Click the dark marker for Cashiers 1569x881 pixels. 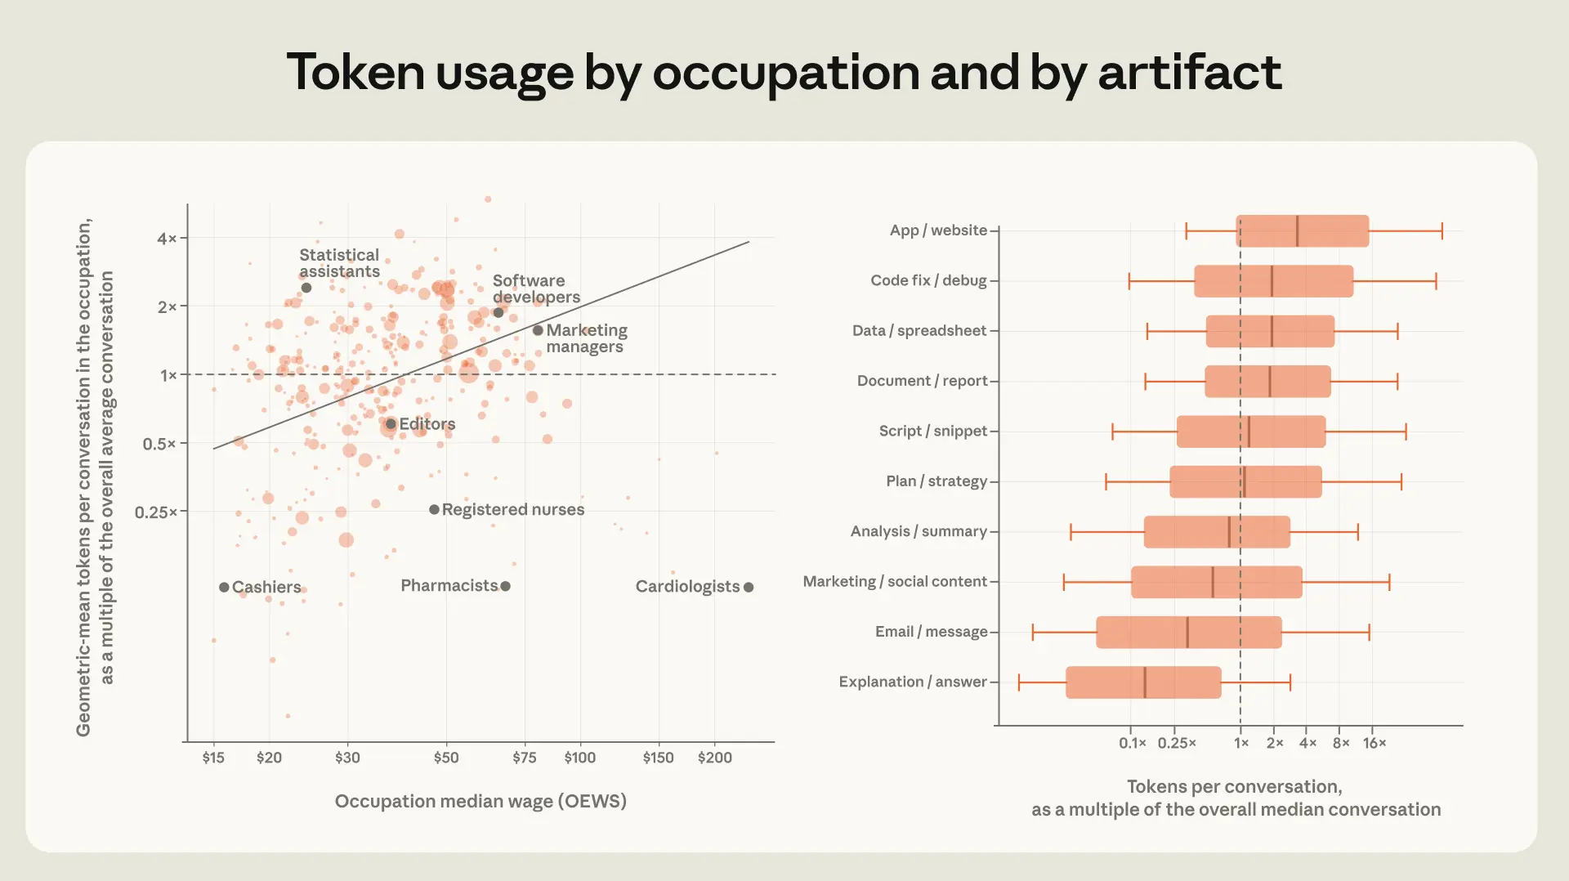tap(224, 587)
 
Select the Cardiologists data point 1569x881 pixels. tap(749, 587)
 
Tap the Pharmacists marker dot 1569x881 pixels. tap(505, 586)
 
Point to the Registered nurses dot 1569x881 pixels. tap(434, 509)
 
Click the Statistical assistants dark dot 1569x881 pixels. tap(306, 288)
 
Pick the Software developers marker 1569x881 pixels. tap(498, 312)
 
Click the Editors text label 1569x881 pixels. tap(427, 424)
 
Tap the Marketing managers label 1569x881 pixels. tap(587, 338)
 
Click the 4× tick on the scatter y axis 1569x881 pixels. tap(167, 238)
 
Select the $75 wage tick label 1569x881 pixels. tap(525, 758)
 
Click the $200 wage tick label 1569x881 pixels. tap(715, 758)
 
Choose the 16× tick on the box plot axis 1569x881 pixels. tap(1375, 743)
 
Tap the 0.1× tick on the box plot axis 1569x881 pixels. tap(1133, 743)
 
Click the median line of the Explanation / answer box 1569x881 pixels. tap(1144, 682)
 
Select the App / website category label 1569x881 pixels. tap(938, 230)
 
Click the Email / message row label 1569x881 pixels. tap(931, 632)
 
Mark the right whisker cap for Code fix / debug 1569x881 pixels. tap(1436, 281)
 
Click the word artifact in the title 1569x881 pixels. tap(1190, 72)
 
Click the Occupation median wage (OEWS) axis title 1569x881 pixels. tap(481, 801)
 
